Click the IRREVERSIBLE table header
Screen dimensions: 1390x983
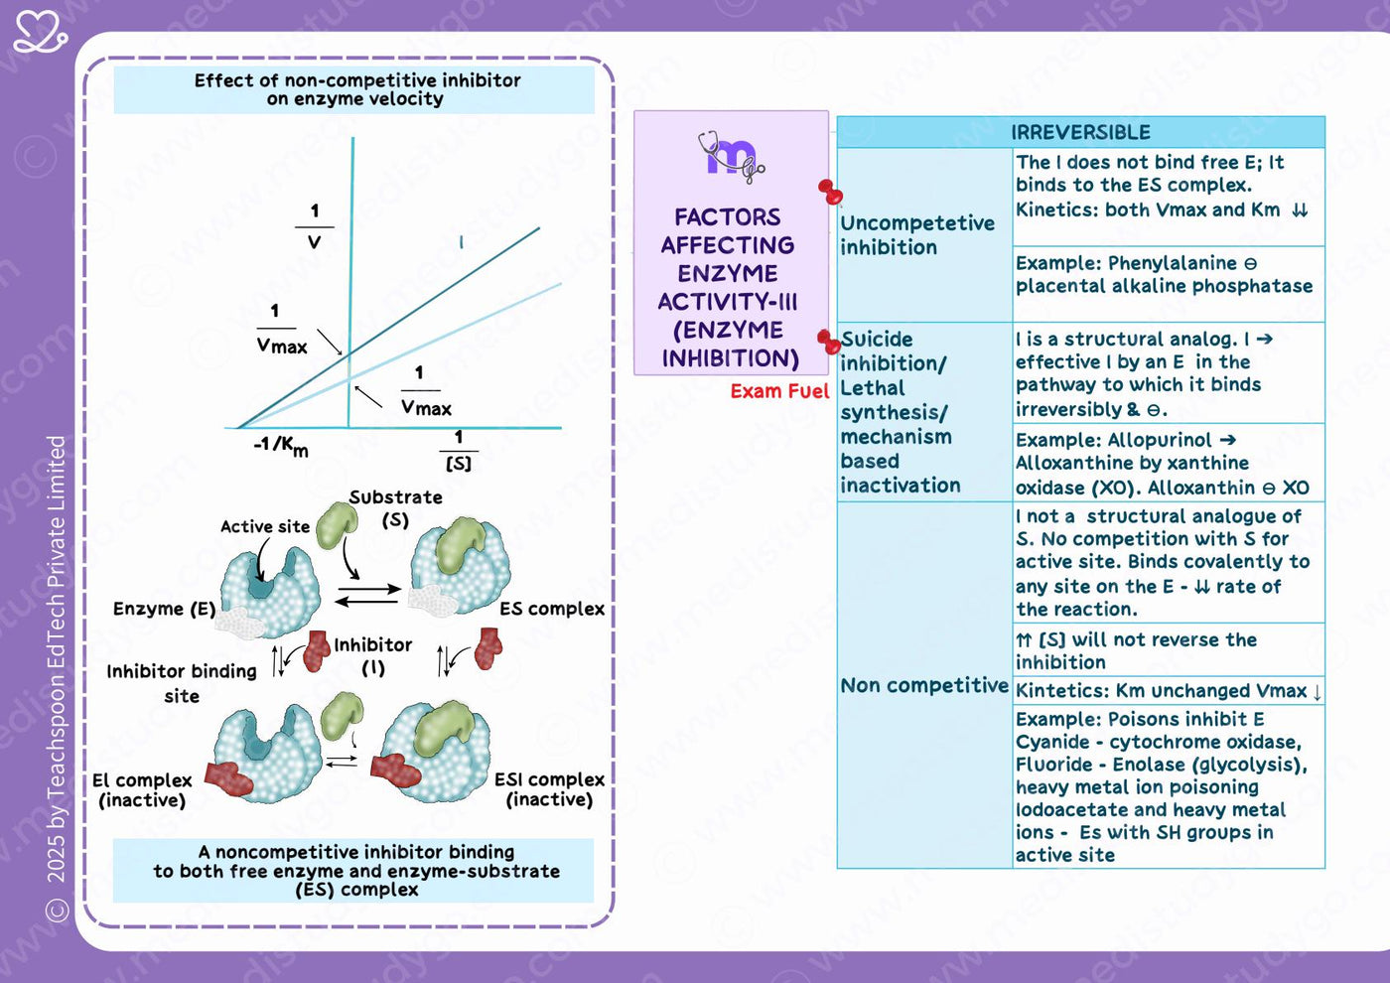click(1080, 132)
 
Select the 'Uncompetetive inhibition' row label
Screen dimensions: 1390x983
click(917, 235)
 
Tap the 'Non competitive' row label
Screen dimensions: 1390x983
click(924, 685)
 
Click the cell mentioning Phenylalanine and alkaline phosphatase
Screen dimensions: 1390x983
click(1164, 274)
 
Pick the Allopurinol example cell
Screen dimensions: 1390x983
click(1163, 464)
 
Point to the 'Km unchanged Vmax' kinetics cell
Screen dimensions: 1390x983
click(1168, 691)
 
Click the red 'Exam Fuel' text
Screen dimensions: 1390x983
click(779, 391)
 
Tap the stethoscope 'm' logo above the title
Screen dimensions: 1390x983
click(731, 157)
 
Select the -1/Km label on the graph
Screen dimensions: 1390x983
click(280, 446)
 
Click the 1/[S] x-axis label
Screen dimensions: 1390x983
click(459, 451)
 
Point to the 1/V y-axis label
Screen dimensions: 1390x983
click(315, 226)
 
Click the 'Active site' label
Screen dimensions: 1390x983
click(265, 527)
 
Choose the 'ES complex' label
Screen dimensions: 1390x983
click(552, 610)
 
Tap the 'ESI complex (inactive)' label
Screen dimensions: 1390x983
click(549, 789)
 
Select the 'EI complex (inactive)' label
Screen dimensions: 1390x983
click(142, 790)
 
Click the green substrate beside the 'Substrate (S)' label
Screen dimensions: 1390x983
click(337, 525)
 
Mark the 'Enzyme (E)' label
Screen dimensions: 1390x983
click(165, 610)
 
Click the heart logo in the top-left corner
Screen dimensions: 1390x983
click(41, 32)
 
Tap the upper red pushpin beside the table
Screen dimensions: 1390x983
click(830, 192)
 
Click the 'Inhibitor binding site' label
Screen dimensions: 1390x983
click(181, 683)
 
